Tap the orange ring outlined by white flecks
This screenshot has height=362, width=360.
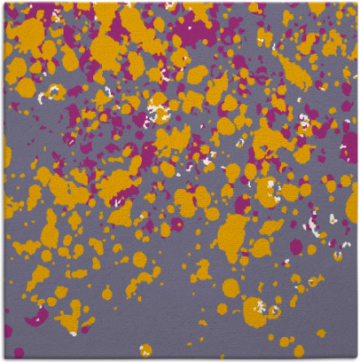(x=54, y=91)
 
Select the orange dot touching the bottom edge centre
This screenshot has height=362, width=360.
(x=145, y=350)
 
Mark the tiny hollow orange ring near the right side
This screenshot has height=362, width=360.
(x=314, y=222)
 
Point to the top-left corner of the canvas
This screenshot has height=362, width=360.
(x=3, y=3)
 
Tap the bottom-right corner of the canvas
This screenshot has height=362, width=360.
(x=356, y=358)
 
